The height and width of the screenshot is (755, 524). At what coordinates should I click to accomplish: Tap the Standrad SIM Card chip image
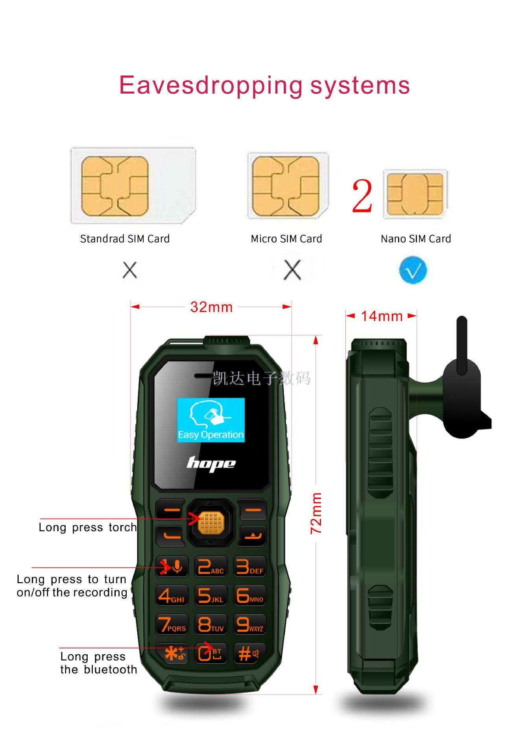[133, 185]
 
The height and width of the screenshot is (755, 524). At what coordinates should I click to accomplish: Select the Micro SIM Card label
[286, 239]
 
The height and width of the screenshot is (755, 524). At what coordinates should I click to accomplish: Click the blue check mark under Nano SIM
[413, 270]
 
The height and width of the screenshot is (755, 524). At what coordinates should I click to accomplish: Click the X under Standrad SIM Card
[130, 270]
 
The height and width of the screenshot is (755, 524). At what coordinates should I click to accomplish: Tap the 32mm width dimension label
[211, 307]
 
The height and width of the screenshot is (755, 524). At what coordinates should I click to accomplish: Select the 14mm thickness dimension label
[382, 316]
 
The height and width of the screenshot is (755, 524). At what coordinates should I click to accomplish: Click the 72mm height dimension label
[316, 513]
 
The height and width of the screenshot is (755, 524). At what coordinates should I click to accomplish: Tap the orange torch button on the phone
[211, 522]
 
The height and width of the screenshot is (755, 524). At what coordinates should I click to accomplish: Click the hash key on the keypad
[250, 654]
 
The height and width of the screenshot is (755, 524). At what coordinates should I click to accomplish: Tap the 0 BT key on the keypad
[211, 654]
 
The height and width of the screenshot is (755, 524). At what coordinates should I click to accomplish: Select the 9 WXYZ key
[250, 624]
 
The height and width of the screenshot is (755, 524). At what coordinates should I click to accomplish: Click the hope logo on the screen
[211, 464]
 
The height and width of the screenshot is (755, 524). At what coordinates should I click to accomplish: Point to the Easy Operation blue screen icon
[211, 420]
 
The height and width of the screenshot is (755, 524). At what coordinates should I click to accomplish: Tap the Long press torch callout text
[88, 527]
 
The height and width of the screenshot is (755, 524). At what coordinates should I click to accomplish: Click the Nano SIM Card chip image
[415, 194]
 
